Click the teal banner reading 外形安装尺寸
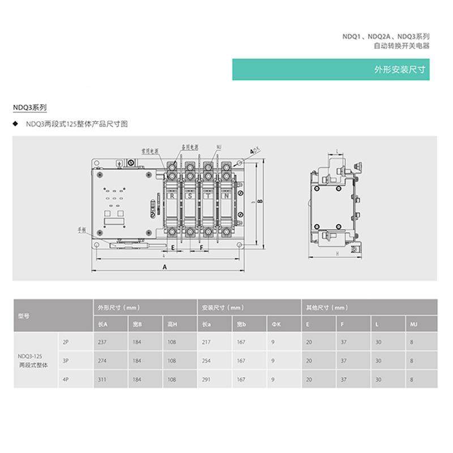331,70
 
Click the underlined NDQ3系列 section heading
29,106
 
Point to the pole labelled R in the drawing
172,196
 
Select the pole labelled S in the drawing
190,196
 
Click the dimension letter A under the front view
165,266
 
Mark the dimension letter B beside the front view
259,201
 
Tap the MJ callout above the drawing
219,147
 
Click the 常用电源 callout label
149,151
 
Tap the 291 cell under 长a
207,379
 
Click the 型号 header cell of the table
24,316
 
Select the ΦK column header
276,324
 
